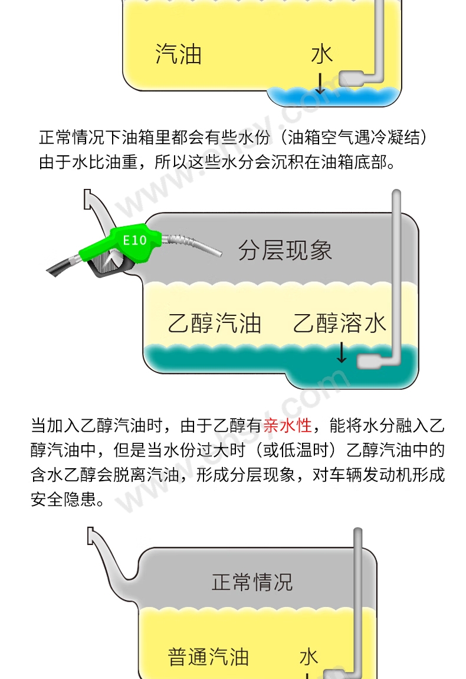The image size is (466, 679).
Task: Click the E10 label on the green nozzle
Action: click(x=134, y=240)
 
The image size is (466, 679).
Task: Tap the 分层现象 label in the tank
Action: click(x=285, y=251)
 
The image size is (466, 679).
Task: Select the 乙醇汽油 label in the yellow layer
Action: click(x=215, y=323)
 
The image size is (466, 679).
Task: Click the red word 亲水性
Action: click(x=288, y=425)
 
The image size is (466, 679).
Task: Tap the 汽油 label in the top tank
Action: click(x=179, y=54)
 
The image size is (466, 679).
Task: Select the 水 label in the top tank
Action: click(x=322, y=54)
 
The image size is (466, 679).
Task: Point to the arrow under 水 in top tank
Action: click(x=320, y=83)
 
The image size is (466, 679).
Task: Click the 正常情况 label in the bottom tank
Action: click(x=252, y=582)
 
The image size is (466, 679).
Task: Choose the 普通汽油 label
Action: click(x=208, y=657)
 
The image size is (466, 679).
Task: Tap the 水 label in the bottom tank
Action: click(x=309, y=657)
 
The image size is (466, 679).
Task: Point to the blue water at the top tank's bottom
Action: click(x=333, y=97)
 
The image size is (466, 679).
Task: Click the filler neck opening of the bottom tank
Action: click(x=90, y=536)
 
